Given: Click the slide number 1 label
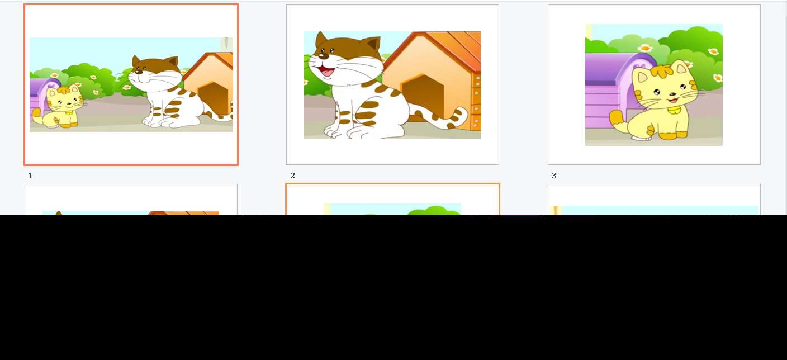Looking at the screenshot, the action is point(30,176).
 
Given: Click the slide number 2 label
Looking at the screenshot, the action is point(292,176).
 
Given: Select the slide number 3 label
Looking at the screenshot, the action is point(554,176).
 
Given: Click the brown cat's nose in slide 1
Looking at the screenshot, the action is point(138,72).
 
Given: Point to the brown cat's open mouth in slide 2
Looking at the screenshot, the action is point(325,72).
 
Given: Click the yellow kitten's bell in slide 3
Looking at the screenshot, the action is point(674,110).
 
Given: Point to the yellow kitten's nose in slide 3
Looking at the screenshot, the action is point(672,94).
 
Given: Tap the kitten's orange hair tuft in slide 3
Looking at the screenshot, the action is point(662,72).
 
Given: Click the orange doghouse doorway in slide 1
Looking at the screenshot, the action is point(213,98).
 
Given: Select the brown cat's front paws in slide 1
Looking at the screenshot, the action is point(161,122).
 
